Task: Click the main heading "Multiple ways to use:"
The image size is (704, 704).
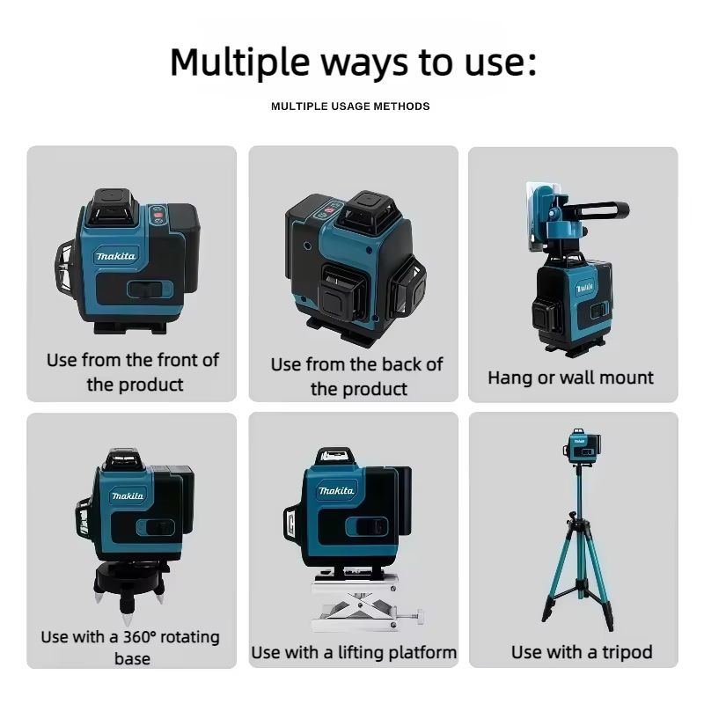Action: (352, 62)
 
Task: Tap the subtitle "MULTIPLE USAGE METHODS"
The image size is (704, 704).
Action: (350, 106)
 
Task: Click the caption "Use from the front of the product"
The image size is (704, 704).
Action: (133, 372)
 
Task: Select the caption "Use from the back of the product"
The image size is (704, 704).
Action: (356, 376)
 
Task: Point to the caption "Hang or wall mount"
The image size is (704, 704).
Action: (571, 378)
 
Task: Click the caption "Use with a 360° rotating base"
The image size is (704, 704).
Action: (130, 647)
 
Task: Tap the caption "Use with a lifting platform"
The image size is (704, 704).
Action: (354, 652)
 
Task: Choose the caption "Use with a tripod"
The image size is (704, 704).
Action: (582, 652)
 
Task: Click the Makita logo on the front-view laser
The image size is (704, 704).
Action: (116, 256)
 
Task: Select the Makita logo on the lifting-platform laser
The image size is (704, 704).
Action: (336, 490)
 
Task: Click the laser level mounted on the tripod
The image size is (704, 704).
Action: (577, 445)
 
